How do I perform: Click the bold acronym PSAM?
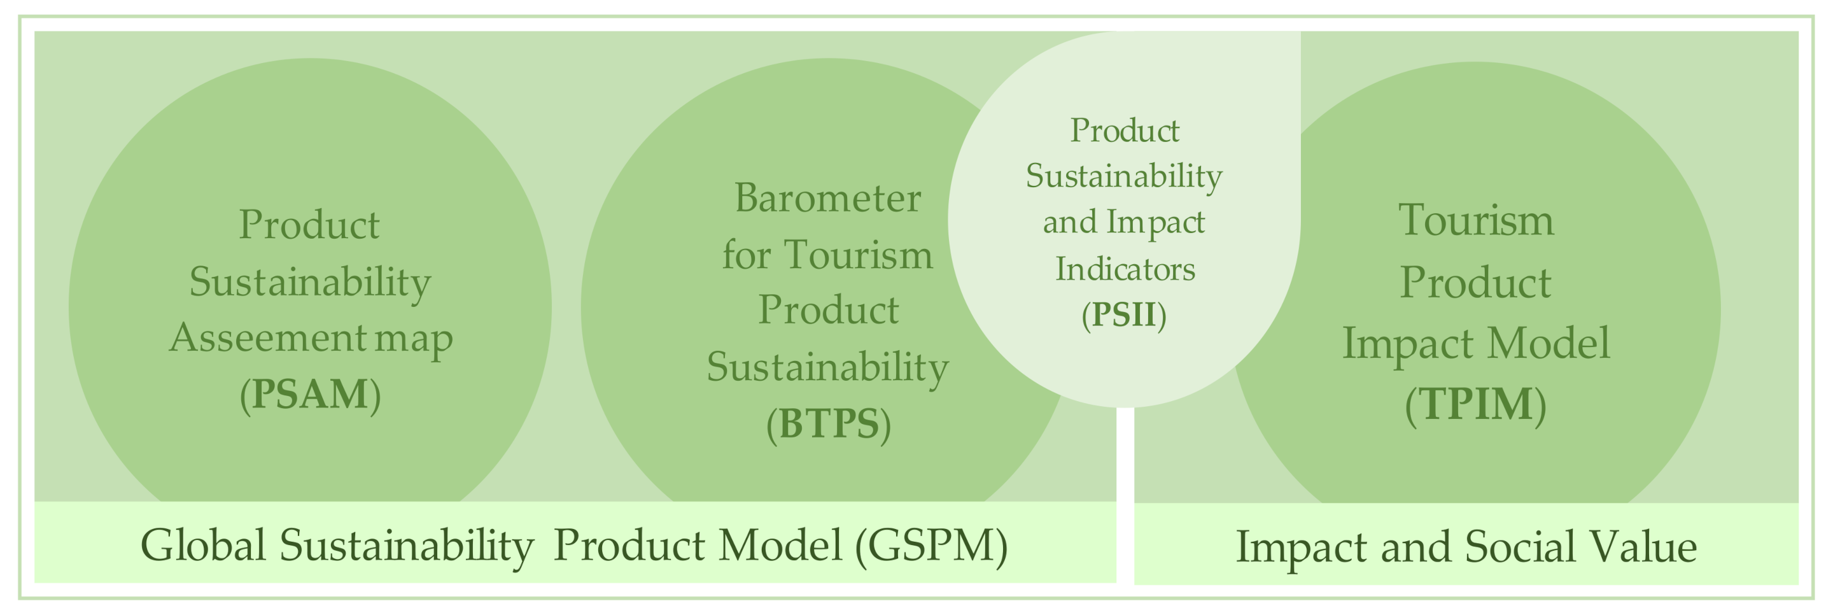[310, 393]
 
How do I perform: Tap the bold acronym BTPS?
[828, 423]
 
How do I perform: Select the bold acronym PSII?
[1123, 315]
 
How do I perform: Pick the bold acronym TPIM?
[1475, 404]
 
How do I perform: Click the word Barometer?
[827, 198]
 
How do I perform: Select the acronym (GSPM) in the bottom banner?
[931, 546]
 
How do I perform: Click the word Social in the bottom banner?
[1508, 548]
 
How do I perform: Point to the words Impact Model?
[1476, 343]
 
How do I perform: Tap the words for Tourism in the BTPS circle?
[827, 254]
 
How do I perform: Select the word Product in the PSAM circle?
[309, 225]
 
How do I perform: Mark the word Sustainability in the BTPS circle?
[827, 367]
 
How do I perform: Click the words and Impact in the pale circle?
[1123, 222]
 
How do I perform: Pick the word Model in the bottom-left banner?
[780, 546]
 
